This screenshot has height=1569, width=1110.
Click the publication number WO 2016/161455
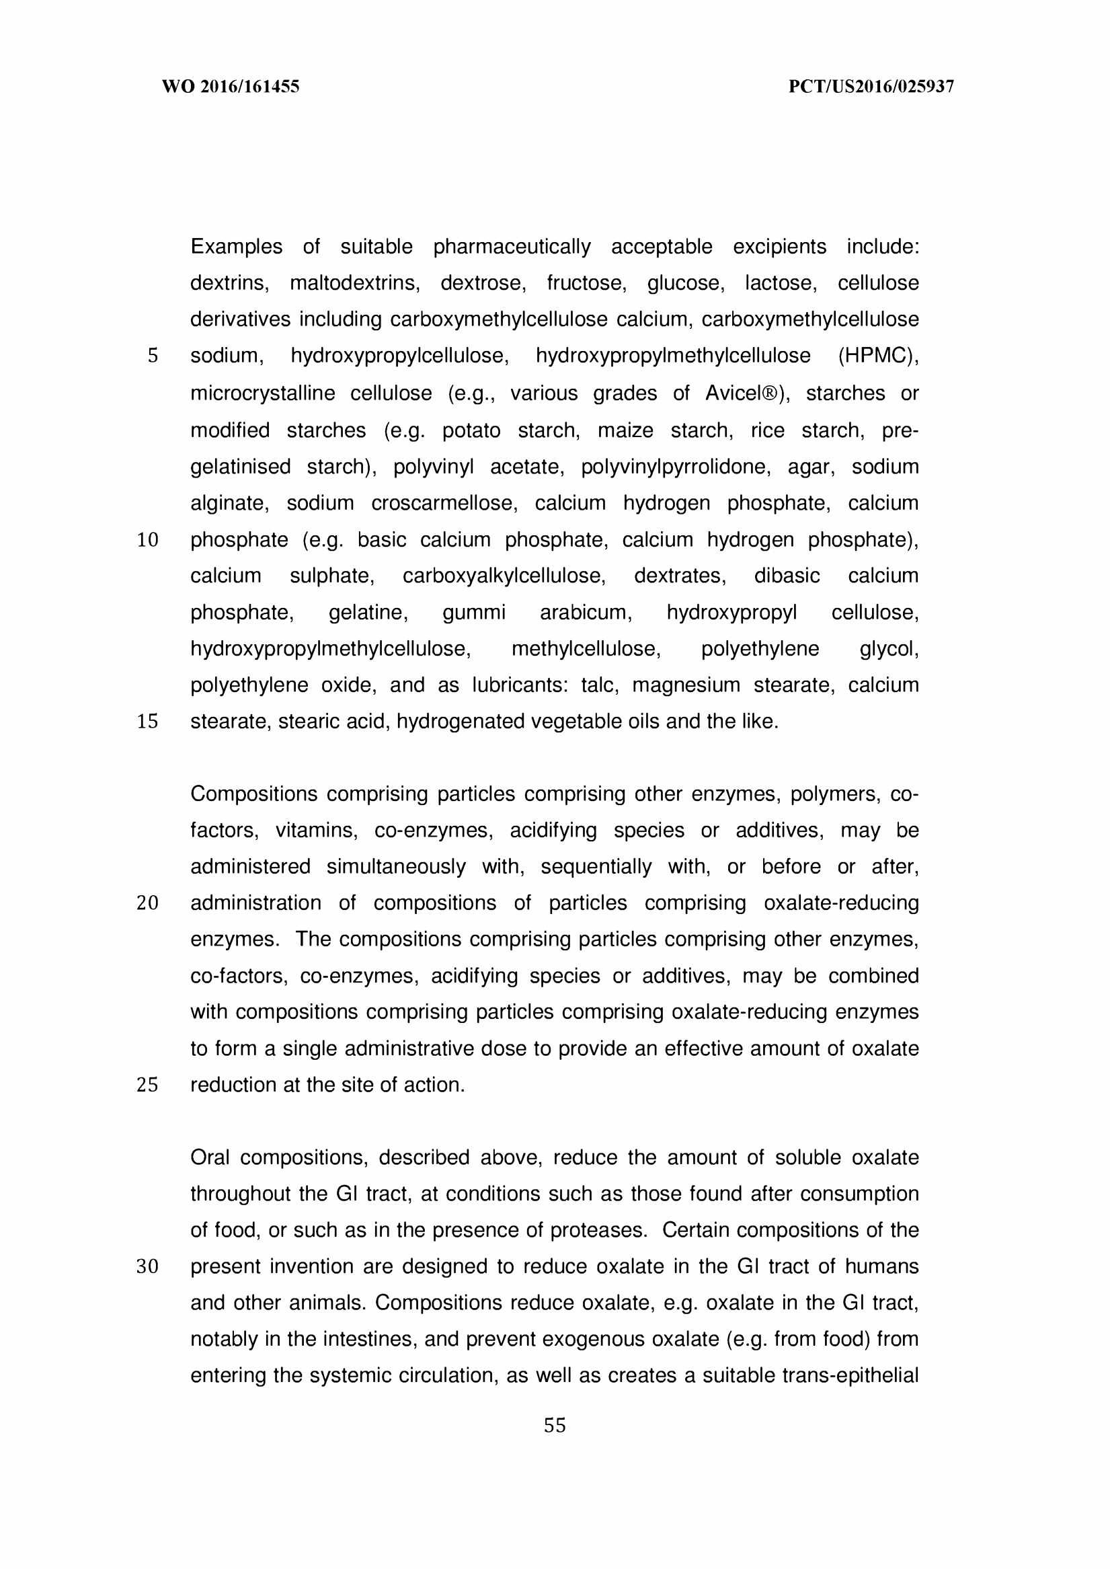coord(231,87)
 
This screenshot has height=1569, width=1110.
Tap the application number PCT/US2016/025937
coord(871,87)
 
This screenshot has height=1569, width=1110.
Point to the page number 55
coord(554,1426)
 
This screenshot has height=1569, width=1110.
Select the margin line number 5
coord(153,356)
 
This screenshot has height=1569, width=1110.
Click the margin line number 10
coord(148,540)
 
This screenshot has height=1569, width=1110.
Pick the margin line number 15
coord(148,721)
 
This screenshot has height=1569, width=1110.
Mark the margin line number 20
coord(148,903)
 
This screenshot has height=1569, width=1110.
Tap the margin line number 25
coord(148,1085)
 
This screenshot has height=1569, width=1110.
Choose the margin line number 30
coord(148,1267)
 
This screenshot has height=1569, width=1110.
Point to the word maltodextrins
coord(355,283)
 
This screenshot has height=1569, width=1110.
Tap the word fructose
coord(586,283)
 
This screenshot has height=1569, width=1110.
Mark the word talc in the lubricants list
coord(600,685)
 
